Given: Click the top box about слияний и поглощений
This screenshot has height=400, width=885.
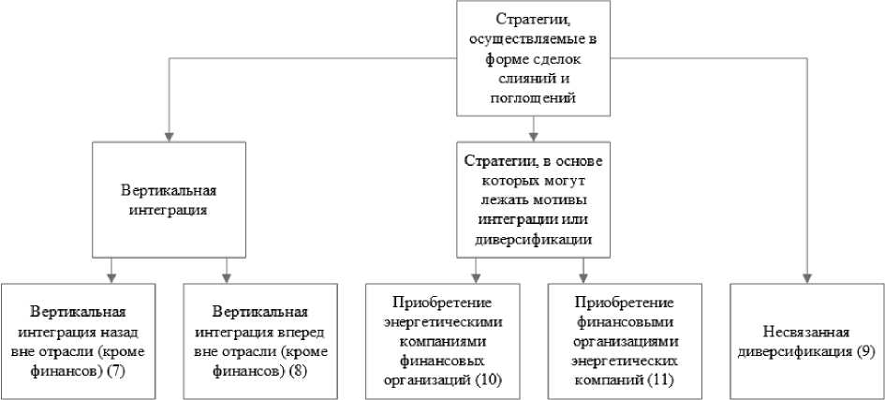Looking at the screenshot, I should [532, 57].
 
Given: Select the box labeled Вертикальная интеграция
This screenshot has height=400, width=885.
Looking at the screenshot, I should [170, 200].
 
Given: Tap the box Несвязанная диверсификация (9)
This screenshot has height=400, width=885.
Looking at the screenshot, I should [805, 339].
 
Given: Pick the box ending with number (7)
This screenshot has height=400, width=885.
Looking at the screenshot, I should [78, 339].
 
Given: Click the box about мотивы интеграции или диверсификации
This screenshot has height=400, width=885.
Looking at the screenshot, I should [532, 200].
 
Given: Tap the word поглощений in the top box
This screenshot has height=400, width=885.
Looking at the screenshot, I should [532, 97].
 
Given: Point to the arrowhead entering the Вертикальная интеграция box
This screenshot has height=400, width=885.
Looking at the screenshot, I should [170, 134].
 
